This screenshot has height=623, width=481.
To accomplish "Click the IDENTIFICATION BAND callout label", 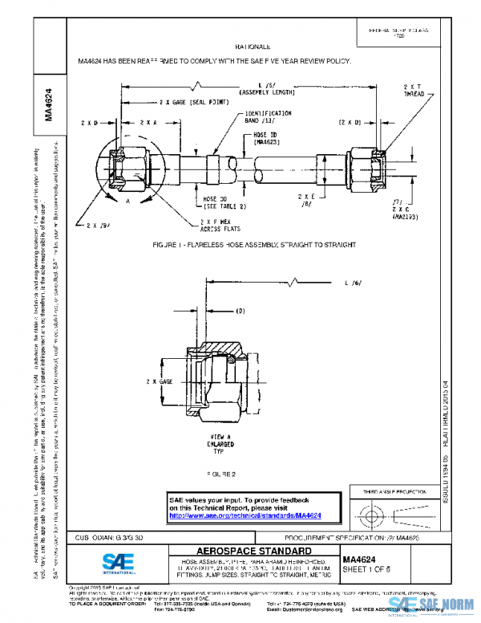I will coord(269,117).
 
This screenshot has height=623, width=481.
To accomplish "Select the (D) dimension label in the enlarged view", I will coord(240,311).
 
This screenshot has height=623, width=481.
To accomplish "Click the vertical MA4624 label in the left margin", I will coord(48,104).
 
